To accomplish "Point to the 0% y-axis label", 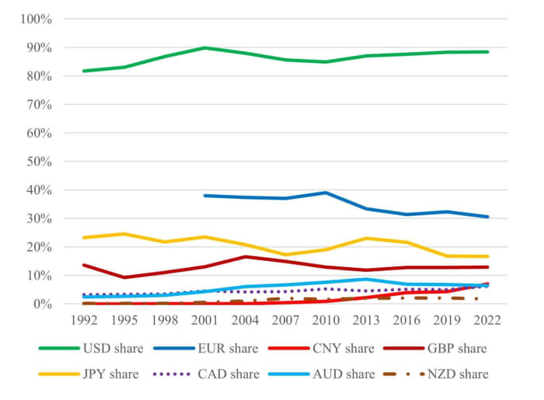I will coord(40,304).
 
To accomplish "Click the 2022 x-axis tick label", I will coord(486,319).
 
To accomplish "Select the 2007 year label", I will coord(284,319).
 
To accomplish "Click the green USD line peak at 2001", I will coord(204,47).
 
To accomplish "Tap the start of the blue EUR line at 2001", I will coord(204,196).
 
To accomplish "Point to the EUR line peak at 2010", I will coord(325,193).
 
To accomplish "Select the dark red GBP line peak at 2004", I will coord(244,256).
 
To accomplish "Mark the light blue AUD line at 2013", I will coord(365,279).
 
